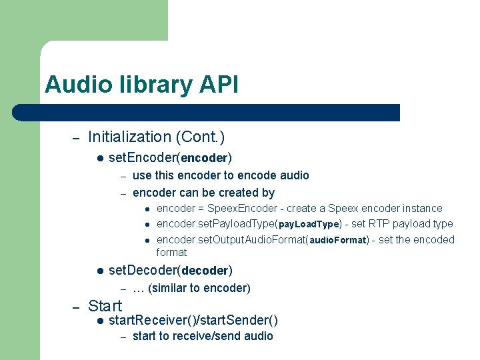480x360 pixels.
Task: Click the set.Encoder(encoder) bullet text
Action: click(170, 158)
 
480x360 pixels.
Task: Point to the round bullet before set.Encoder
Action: click(99, 158)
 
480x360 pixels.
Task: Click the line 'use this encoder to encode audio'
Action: click(221, 175)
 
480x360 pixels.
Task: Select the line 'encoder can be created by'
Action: click(203, 193)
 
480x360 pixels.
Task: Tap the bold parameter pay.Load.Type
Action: click(309, 225)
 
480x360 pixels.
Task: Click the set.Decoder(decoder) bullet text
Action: click(170, 271)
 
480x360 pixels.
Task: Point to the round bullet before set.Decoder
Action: click(99, 271)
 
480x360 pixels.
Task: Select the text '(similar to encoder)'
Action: click(199, 288)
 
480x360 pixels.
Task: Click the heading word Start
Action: click(105, 306)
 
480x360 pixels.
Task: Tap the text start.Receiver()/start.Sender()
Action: click(193, 321)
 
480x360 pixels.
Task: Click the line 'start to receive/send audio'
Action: click(203, 336)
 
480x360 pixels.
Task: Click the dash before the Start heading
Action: click(76, 307)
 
